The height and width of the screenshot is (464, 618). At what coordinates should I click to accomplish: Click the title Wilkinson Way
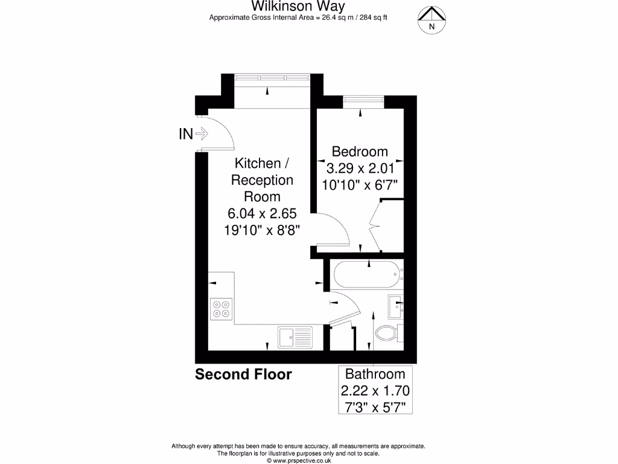click(298, 7)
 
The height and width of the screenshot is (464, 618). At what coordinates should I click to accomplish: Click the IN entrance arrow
click(193, 134)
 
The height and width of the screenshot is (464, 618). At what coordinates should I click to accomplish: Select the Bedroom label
click(360, 151)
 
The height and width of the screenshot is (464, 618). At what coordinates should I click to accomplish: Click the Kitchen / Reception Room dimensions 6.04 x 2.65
click(262, 213)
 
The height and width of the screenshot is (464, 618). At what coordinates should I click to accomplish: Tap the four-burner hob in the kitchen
click(221, 309)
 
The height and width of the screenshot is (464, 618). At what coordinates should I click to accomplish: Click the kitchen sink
click(295, 337)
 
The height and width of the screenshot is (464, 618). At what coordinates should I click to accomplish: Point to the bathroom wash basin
click(397, 306)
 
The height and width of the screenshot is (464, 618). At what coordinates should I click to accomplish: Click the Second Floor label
click(243, 375)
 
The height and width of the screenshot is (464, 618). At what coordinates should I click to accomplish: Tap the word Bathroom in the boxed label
click(375, 374)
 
